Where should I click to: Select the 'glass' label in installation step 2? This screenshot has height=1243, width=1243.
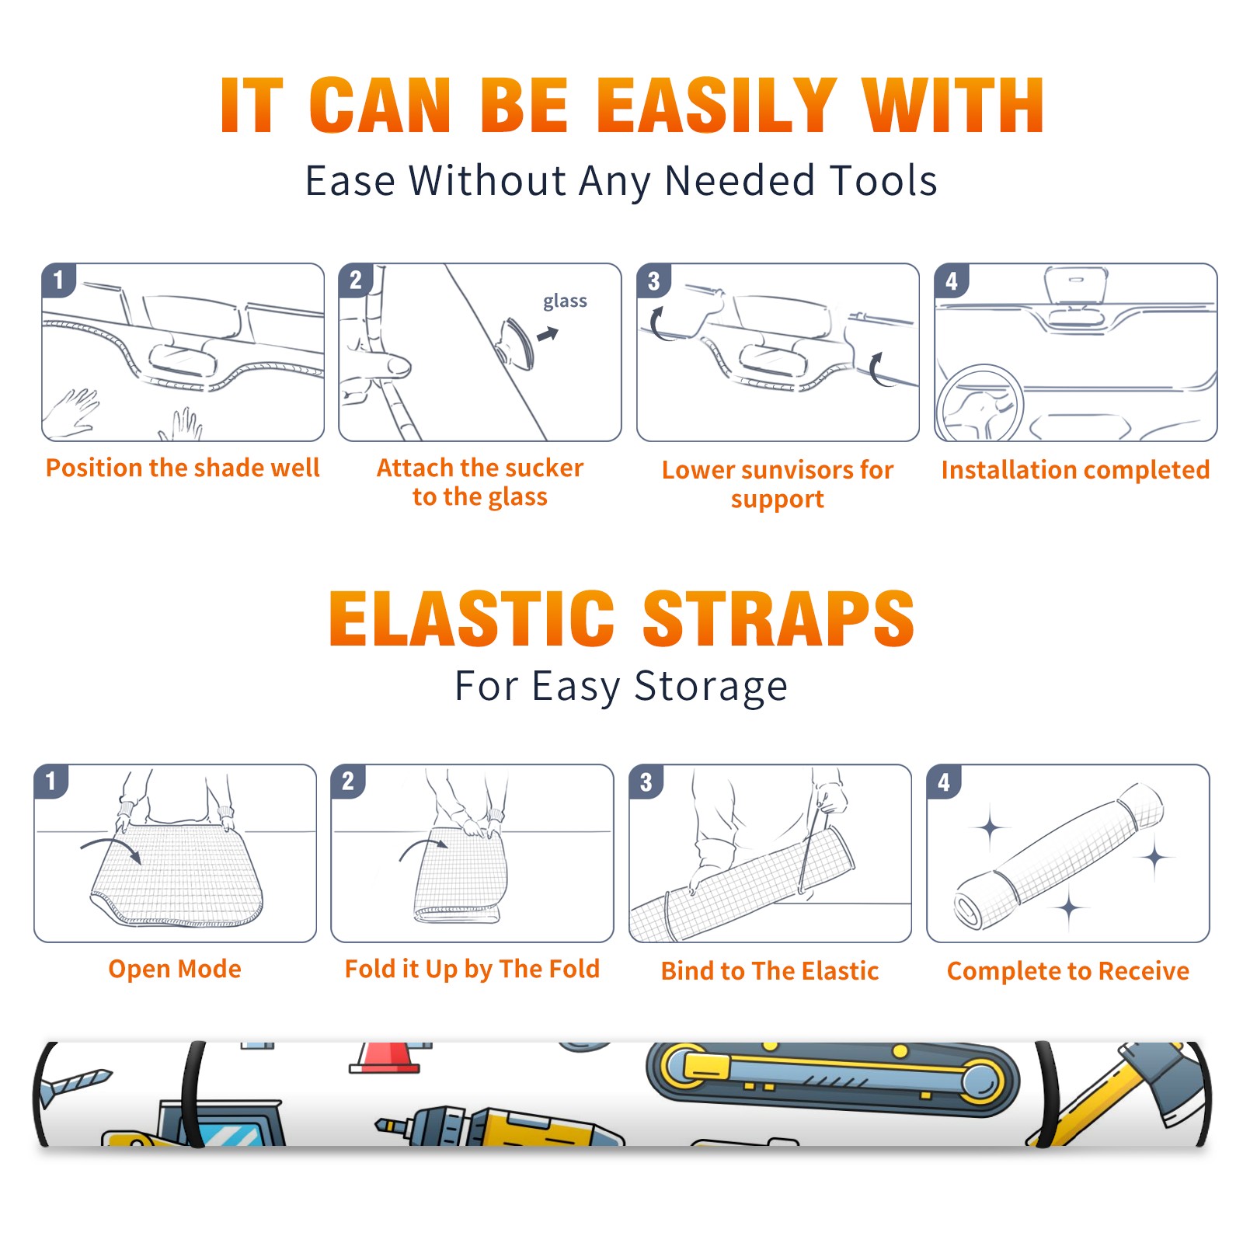pyautogui.click(x=565, y=301)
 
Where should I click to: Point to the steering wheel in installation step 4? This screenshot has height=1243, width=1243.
pyautogui.click(x=980, y=403)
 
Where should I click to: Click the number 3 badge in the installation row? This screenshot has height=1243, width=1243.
pyautogui.click(x=654, y=280)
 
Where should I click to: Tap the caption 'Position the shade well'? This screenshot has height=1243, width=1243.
pyautogui.click(x=183, y=468)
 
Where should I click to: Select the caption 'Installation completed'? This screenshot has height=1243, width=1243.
pyautogui.click(x=1075, y=469)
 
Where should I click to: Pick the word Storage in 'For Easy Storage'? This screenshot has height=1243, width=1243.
pyautogui.click(x=711, y=687)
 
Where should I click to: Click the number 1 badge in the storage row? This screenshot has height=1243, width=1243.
pyautogui.click(x=51, y=781)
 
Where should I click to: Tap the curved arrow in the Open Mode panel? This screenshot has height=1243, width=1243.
pyautogui.click(x=110, y=848)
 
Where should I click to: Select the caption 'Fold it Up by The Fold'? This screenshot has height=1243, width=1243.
pyautogui.click(x=472, y=969)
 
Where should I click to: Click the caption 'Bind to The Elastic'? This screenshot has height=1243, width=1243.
pyautogui.click(x=770, y=971)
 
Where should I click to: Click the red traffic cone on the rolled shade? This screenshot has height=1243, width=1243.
pyautogui.click(x=386, y=1057)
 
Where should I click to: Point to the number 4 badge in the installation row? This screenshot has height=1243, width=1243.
pyautogui.click(x=952, y=280)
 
